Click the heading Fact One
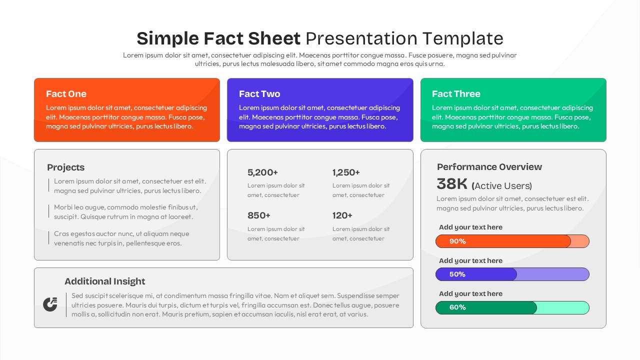click(66, 94)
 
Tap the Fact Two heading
click(259, 94)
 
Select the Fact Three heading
click(456, 94)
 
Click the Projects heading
click(65, 167)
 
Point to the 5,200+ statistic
click(262, 172)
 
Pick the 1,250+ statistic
click(346, 172)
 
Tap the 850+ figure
click(259, 215)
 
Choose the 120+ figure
click(342, 215)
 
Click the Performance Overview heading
click(489, 167)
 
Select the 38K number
click(451, 184)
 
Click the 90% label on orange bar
click(457, 241)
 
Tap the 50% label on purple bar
click(457, 274)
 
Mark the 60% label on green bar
click(457, 307)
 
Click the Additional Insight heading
click(105, 281)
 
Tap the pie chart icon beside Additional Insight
click(50, 304)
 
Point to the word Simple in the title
click(167, 38)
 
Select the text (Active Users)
click(502, 186)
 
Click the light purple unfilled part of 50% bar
click(552, 274)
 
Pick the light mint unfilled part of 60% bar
click(562, 307)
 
